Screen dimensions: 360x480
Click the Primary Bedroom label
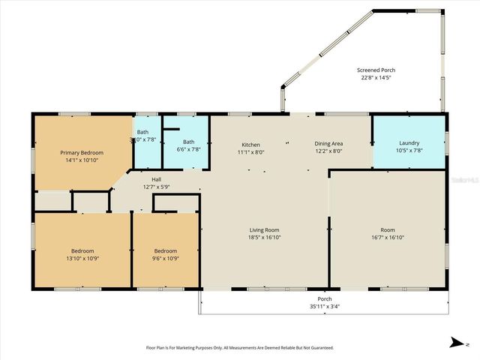(x=82, y=152)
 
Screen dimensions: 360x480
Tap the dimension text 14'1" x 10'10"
(x=82, y=160)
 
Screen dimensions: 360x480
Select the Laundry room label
(x=409, y=142)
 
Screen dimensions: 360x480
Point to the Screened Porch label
(x=376, y=69)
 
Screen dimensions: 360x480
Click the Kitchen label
(x=250, y=144)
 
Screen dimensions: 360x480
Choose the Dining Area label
(x=328, y=144)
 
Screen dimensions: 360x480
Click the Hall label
(x=156, y=179)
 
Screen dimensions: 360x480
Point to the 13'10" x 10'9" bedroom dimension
(x=82, y=258)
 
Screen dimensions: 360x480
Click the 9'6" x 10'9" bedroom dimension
(x=166, y=258)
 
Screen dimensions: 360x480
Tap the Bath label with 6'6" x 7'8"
(x=188, y=142)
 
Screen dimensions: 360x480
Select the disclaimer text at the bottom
(x=239, y=348)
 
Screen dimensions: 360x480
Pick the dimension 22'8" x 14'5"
(x=376, y=76)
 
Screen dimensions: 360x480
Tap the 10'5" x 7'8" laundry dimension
(x=409, y=150)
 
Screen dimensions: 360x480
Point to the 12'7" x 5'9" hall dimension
(x=156, y=187)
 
